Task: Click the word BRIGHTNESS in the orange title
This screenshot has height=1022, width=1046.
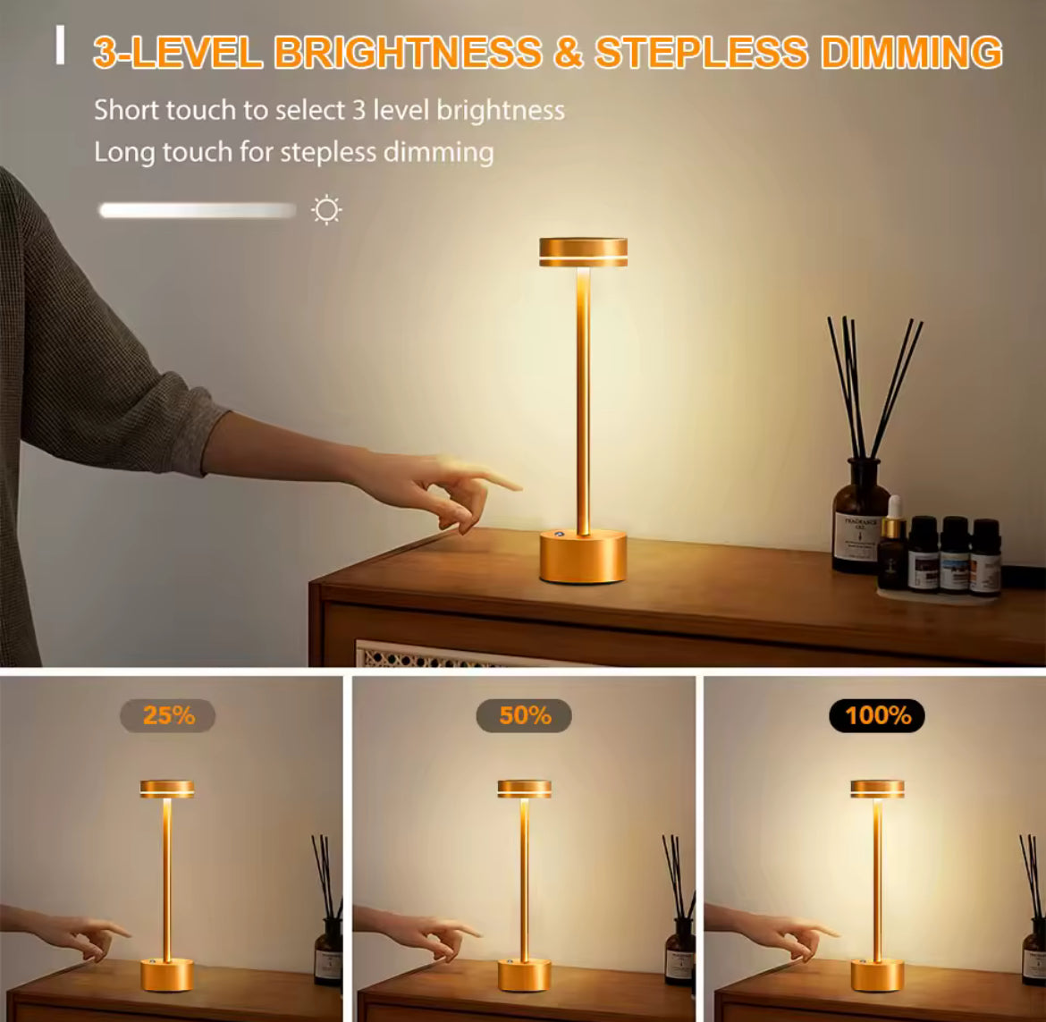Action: (x=408, y=53)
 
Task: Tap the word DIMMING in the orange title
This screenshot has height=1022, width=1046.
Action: (x=911, y=53)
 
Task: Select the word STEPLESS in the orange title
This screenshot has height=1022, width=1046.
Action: (x=701, y=53)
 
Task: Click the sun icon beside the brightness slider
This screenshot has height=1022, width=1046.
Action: (x=326, y=210)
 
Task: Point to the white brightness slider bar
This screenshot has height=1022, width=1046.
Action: (x=198, y=211)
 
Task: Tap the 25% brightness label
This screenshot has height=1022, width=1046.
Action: (x=168, y=716)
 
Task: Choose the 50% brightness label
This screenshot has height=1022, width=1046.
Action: (x=524, y=716)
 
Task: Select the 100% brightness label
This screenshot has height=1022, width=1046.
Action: (x=877, y=716)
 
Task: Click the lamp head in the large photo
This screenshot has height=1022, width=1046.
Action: (x=583, y=252)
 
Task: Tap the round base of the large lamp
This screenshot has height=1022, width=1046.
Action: (x=583, y=557)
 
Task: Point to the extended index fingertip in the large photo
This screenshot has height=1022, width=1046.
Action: (x=517, y=486)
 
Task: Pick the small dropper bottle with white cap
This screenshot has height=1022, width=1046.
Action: (x=892, y=544)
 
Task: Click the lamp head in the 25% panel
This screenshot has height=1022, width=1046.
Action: (x=167, y=790)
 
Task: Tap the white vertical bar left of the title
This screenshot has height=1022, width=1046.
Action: (x=60, y=46)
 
